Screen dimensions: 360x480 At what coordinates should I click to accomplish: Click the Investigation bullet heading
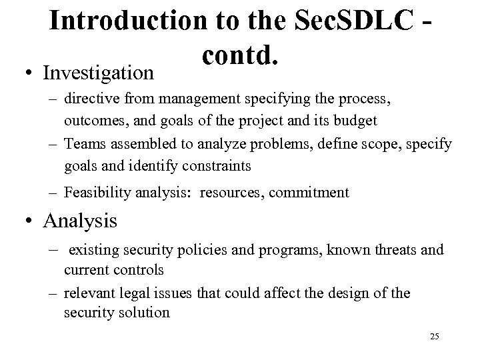point(99,71)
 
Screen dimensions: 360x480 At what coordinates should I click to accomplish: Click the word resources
point(237,193)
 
